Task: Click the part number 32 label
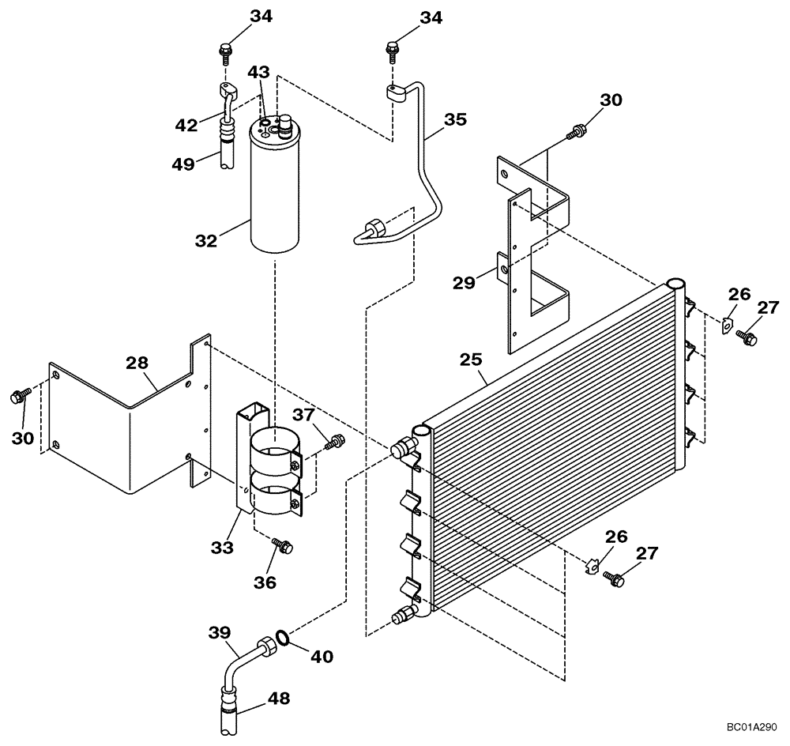pos(205,240)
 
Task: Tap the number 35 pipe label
pos(454,119)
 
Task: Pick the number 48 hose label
pos(277,698)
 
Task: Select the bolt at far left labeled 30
pos(18,394)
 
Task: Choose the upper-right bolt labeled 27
pos(747,337)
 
